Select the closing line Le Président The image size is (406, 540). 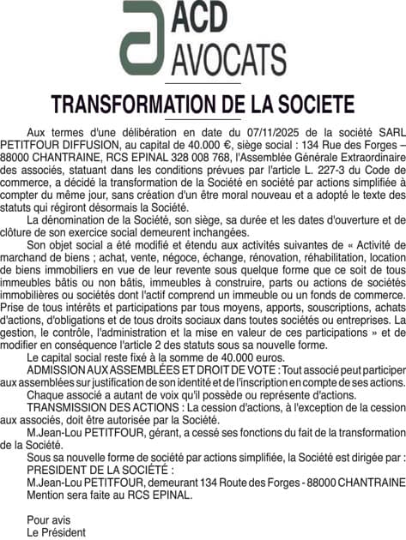pos(56,532)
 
